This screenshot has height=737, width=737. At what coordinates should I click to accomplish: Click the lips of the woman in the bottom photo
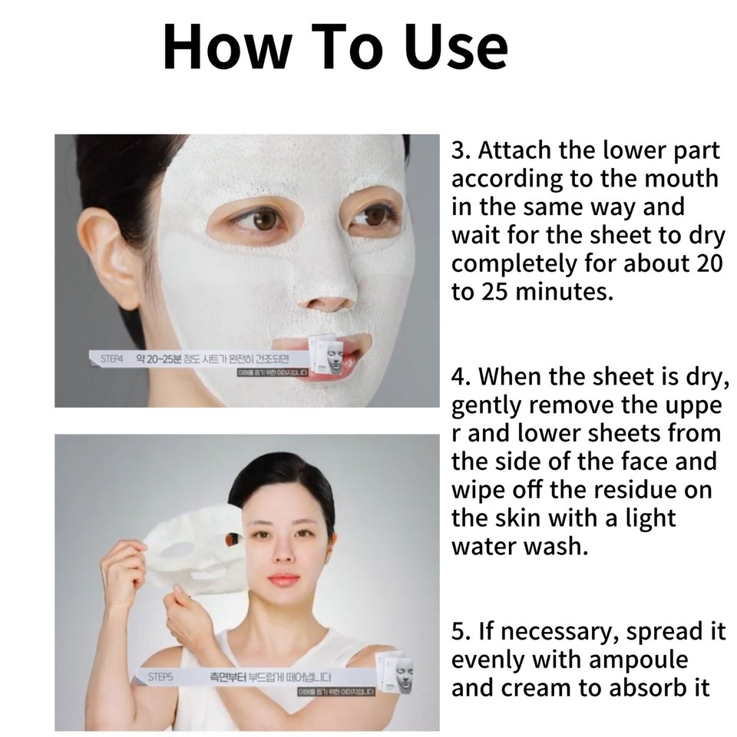283,578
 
